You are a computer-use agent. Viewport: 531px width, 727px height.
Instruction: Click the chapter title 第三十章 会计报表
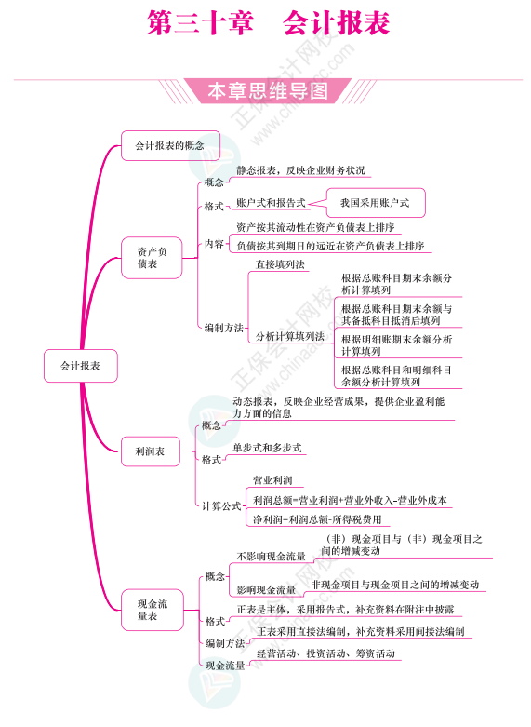[268, 22]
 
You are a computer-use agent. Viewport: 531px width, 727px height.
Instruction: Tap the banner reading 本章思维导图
[268, 91]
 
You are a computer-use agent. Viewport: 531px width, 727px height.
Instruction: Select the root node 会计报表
[81, 366]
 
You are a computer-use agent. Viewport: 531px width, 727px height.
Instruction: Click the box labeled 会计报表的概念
[170, 145]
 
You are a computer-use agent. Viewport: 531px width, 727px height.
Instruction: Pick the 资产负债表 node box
[152, 258]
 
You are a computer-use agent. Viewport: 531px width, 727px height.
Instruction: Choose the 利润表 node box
[150, 451]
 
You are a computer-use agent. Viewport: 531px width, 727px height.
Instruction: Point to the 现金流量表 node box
[152, 610]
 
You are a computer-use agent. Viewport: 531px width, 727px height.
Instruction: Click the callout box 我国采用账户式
[376, 203]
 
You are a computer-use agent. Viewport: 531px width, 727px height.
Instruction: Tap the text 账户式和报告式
[271, 203]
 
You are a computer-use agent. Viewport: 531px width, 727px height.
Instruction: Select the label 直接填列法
[280, 264]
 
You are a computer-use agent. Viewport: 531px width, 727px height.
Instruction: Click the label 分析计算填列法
[290, 336]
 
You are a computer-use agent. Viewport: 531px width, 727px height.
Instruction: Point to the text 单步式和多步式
[267, 448]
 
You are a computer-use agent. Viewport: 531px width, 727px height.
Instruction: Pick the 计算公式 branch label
[221, 505]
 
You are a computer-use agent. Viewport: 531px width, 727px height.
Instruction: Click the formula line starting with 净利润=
[317, 519]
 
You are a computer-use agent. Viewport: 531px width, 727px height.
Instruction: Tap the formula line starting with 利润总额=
[350, 500]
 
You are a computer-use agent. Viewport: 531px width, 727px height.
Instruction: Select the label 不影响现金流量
[271, 556]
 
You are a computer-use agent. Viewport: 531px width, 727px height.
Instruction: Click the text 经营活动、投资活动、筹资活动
[325, 653]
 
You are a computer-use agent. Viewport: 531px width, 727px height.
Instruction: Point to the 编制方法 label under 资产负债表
[224, 328]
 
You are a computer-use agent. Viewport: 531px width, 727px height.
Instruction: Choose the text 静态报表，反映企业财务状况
[300, 170]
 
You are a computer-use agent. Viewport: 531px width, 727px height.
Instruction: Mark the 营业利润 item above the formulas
[272, 480]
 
